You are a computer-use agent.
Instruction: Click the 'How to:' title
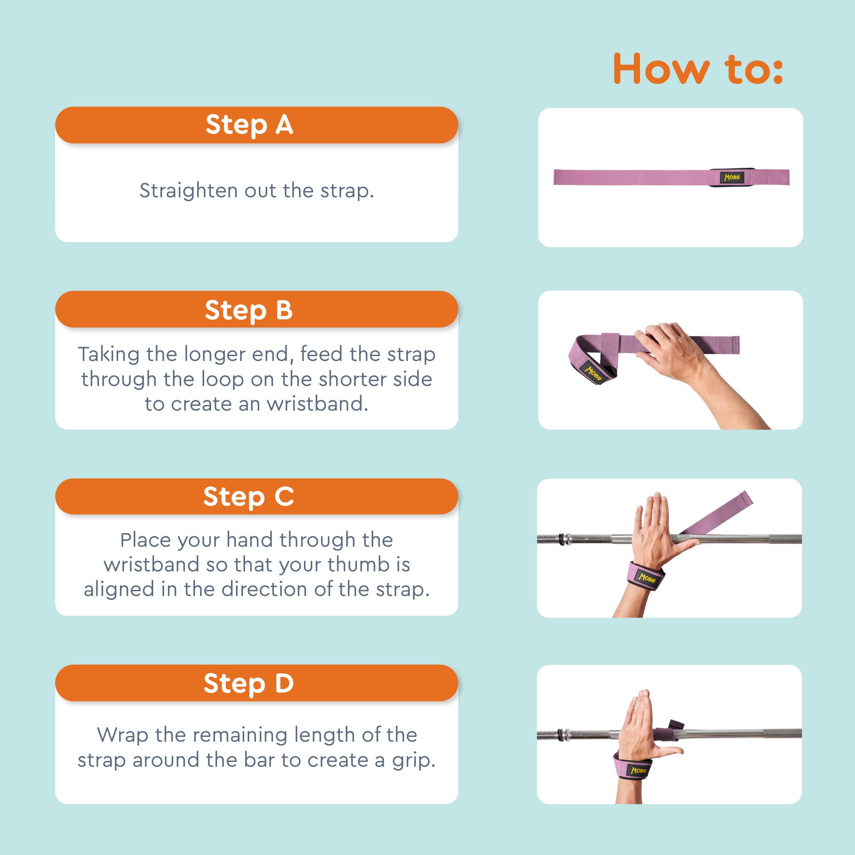pyautogui.click(x=698, y=69)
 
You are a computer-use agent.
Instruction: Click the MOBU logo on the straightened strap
pyautogui.click(x=731, y=177)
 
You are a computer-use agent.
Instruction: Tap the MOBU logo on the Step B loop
pyautogui.click(x=593, y=373)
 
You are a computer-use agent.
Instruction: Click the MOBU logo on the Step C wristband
pyautogui.click(x=647, y=577)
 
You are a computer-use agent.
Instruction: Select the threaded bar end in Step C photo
pyautogui.click(x=549, y=539)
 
